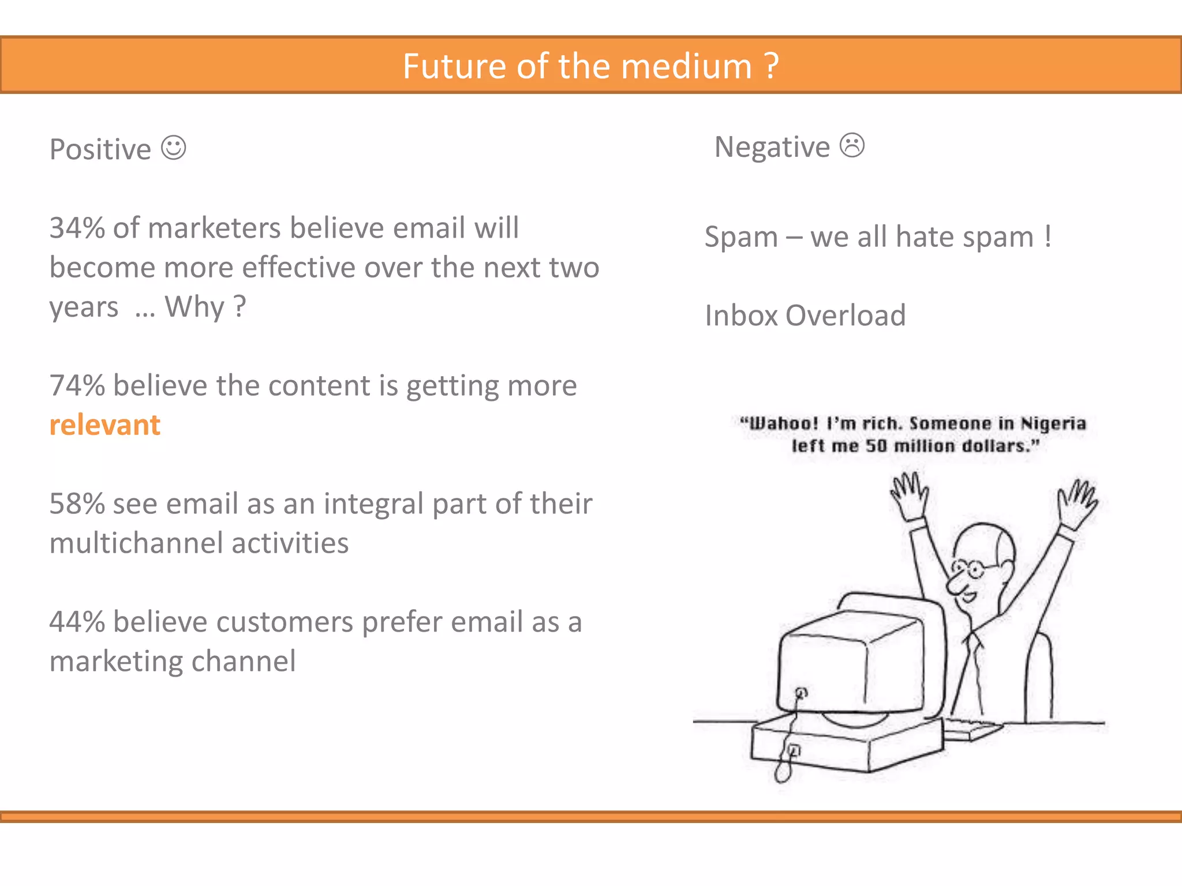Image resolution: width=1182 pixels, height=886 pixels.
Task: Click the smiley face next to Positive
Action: (173, 148)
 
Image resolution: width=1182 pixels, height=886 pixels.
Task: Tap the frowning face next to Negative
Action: (852, 145)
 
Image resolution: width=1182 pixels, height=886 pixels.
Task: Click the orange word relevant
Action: (104, 425)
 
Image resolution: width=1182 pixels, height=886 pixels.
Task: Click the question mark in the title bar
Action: (771, 66)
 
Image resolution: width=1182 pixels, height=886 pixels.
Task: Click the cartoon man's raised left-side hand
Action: (908, 493)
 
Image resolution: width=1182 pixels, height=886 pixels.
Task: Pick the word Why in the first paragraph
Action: (194, 307)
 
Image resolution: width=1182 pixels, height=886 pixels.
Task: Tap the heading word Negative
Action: (772, 147)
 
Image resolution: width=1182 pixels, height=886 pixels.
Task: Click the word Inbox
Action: (742, 316)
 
